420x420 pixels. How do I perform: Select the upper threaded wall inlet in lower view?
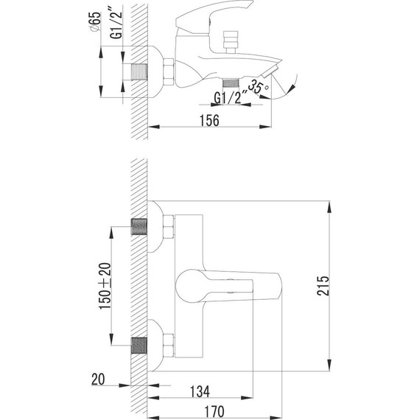pyautogui.click(x=138, y=226)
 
